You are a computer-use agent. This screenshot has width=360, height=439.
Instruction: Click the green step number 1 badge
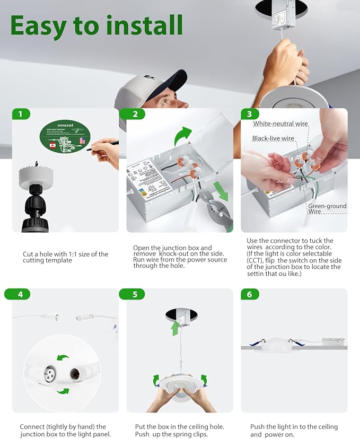pos(21,114)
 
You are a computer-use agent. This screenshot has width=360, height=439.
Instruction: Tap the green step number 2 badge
pos(135,114)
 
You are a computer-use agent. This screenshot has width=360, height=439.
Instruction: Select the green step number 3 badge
pos(250,114)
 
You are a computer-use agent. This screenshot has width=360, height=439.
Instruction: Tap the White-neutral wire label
pos(280,124)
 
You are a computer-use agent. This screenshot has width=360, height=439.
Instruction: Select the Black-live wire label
pos(273,138)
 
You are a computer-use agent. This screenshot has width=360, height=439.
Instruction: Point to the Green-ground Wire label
pos(327,208)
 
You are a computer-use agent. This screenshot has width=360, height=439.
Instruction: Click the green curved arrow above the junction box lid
pos(183,136)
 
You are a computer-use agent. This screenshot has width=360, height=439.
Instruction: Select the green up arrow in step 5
pos(175,327)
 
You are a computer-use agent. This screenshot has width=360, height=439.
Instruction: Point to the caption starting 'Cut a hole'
pos(65,257)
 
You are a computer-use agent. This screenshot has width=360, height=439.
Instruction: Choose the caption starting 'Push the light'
pos(294,430)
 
